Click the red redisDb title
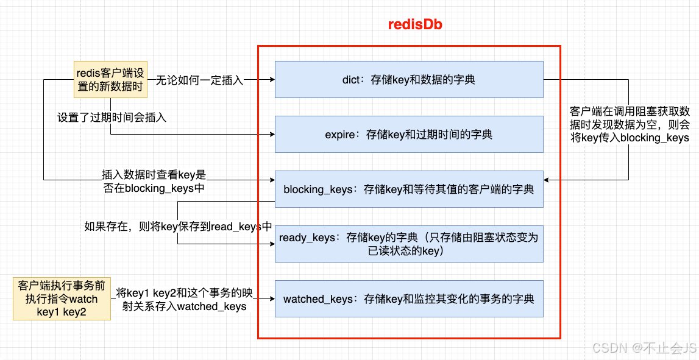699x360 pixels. (x=415, y=24)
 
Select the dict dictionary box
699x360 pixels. (x=409, y=79)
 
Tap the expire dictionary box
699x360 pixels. (x=409, y=134)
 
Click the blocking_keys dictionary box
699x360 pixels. (x=409, y=189)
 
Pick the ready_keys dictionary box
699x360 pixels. (x=409, y=244)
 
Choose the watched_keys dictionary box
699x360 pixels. (x=409, y=298)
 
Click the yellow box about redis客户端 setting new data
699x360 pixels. (x=110, y=79)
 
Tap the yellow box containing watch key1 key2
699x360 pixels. (x=62, y=298)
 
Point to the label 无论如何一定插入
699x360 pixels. (x=199, y=80)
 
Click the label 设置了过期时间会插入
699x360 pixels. (x=112, y=118)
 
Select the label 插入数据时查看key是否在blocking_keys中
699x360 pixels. (x=154, y=182)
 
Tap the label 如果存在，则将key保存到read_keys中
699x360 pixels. (x=179, y=227)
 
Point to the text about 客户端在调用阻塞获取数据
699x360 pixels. (x=630, y=124)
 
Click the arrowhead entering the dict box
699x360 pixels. (x=272, y=80)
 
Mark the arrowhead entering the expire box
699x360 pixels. (x=272, y=134)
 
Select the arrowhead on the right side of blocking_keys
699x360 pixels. (x=547, y=180)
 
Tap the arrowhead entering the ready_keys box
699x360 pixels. (x=272, y=244)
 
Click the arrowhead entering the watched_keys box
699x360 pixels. (x=272, y=298)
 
